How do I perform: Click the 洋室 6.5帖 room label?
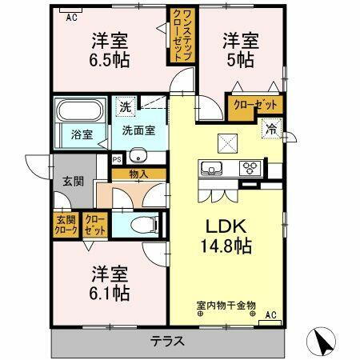point(110,50)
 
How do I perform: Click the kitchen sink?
point(212,169)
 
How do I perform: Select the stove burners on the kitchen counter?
point(250,169)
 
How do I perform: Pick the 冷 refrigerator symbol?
point(271,126)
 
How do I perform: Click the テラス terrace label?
point(168,342)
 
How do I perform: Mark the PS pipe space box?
point(116,158)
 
